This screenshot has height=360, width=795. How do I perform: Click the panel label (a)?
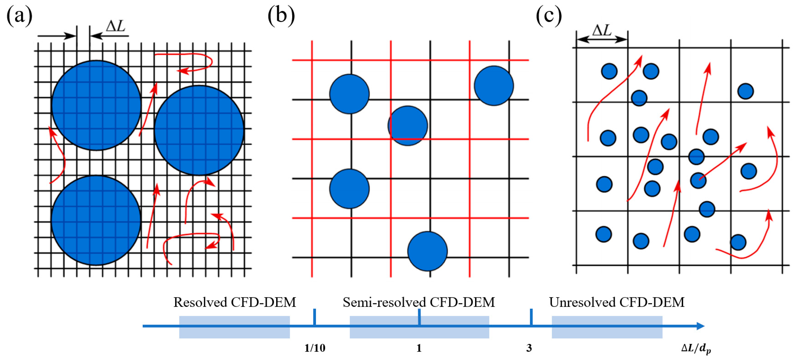(19, 15)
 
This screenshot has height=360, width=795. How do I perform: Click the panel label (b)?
(281, 15)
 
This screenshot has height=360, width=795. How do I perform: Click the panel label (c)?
(549, 15)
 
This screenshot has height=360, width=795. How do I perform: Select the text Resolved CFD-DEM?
(235, 302)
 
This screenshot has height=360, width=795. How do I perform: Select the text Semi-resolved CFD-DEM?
(419, 302)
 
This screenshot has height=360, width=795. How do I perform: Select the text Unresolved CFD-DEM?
(617, 302)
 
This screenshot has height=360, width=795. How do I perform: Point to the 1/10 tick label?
(315, 348)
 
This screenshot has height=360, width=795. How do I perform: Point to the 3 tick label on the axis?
(529, 348)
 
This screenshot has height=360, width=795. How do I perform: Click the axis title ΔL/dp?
(696, 349)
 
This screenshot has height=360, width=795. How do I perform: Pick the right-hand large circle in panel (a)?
(199, 130)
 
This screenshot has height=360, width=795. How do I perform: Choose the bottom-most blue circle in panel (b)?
(427, 251)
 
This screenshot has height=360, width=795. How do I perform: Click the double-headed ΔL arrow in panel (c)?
(602, 39)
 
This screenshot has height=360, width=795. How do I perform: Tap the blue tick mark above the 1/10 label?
(314, 316)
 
